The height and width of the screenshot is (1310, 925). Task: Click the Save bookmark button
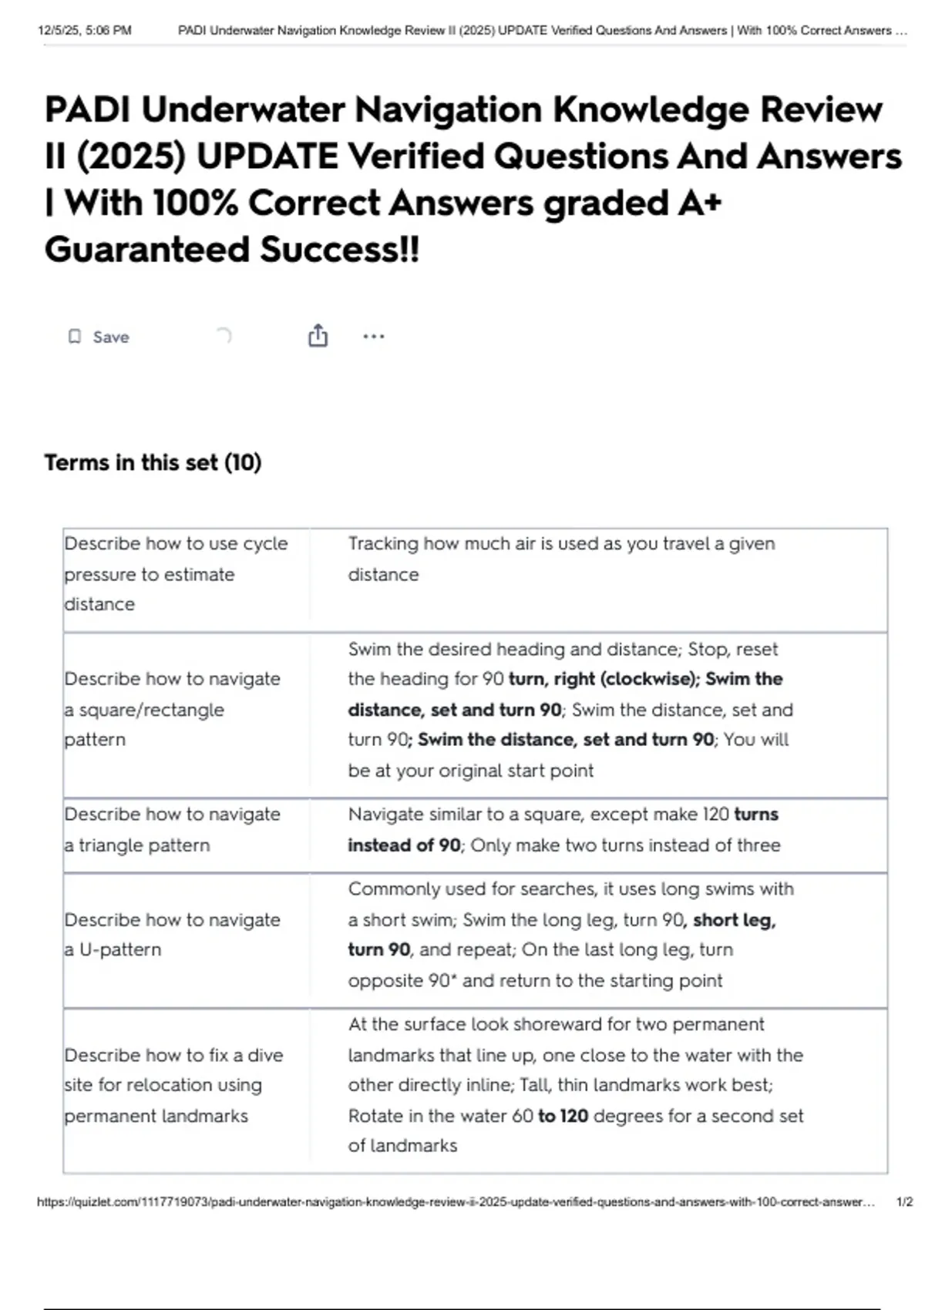(x=99, y=337)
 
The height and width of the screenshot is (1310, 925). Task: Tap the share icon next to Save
(x=318, y=336)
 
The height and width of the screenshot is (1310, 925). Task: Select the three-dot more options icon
(x=373, y=336)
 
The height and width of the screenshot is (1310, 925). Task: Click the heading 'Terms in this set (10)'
(x=153, y=462)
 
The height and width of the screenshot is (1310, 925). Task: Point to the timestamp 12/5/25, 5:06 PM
(x=85, y=31)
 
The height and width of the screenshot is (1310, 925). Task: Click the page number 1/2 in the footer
(x=904, y=1201)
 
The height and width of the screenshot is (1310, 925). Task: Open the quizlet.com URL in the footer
(x=455, y=1201)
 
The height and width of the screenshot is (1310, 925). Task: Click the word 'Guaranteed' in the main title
(x=146, y=250)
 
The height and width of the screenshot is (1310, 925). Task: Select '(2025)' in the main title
(x=131, y=156)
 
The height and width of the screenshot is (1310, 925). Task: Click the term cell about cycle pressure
(x=176, y=574)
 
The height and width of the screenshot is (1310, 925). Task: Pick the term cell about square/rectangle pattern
(x=172, y=709)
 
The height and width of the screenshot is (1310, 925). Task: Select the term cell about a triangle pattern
(x=172, y=829)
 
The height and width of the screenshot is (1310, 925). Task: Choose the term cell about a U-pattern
(x=172, y=934)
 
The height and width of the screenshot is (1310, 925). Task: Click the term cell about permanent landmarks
(x=173, y=1085)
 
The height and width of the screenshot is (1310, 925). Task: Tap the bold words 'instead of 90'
(x=404, y=845)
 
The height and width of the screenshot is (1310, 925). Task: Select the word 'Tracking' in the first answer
(x=382, y=544)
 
